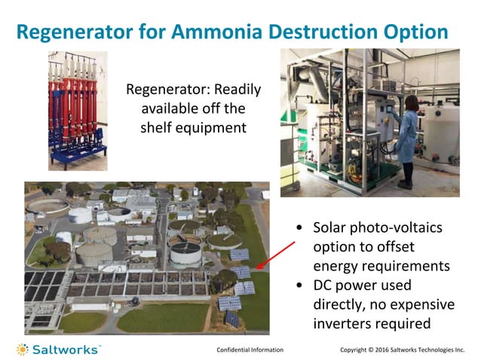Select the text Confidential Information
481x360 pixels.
(250, 349)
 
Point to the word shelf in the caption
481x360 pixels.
(157, 128)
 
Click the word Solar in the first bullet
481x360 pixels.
(330, 228)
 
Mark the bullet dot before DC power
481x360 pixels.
(301, 286)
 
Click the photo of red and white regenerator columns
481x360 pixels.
(77, 111)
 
